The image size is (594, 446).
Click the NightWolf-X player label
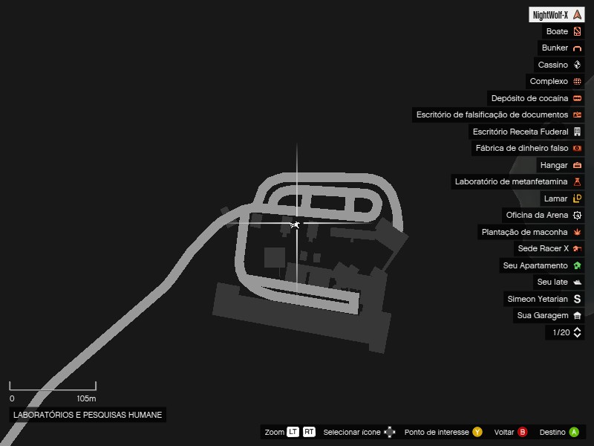click(550, 15)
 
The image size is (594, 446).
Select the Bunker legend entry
click(555, 48)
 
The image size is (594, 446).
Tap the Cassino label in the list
click(553, 65)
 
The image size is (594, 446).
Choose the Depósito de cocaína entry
click(529, 98)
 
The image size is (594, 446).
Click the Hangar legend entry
click(554, 165)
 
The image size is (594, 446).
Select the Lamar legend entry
click(555, 198)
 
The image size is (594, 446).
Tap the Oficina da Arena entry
click(537, 215)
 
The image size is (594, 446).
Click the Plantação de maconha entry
click(524, 232)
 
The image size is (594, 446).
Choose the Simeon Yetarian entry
click(538, 299)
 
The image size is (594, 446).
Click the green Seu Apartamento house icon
click(577, 265)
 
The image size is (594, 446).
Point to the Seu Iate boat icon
click(577, 282)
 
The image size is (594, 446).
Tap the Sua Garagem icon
click(577, 316)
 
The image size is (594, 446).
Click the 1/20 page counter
click(561, 333)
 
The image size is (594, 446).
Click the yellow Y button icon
click(477, 432)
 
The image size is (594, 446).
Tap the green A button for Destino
click(574, 432)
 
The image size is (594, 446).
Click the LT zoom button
click(293, 432)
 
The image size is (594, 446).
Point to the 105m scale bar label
click(87, 398)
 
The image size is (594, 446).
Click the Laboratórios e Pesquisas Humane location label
click(88, 415)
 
